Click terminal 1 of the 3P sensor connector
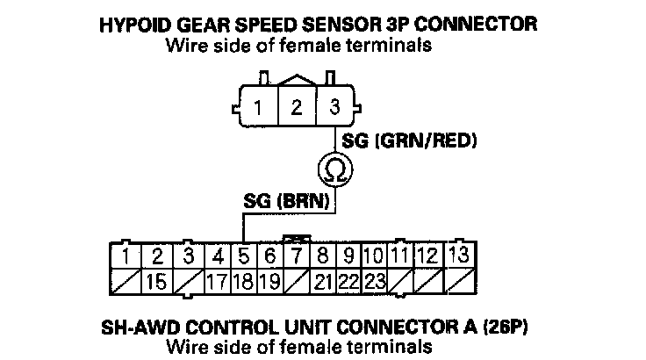coord(258,109)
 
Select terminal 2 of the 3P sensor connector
coord(297,109)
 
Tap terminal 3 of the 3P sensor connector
coord(334,109)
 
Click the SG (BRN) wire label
coord(285,200)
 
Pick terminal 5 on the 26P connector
coord(244,257)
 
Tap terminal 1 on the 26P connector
coord(128,257)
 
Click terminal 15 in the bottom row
coord(157,283)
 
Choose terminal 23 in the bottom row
coord(375,283)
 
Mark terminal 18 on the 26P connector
coord(244,283)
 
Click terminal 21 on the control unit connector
coord(322,283)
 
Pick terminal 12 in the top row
coord(427,257)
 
